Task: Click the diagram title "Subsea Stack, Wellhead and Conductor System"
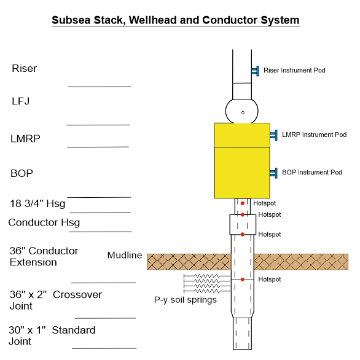(176, 20)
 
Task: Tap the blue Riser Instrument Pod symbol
(256, 71)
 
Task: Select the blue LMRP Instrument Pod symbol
(273, 135)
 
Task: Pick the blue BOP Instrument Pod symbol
(273, 173)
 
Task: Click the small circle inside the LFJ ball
(243, 112)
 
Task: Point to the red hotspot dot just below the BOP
(243, 203)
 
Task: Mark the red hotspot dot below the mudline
(243, 280)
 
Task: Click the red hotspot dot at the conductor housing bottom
(243, 235)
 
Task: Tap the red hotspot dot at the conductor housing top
(243, 214)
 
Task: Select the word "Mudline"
(125, 256)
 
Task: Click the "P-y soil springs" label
(186, 300)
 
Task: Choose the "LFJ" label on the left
(21, 101)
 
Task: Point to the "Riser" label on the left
(25, 68)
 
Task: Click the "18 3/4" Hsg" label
(37, 203)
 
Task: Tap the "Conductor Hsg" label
(44, 223)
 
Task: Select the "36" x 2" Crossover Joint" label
(55, 300)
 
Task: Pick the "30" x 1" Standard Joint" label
(52, 335)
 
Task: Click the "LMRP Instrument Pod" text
(315, 135)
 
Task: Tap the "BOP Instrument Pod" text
(312, 173)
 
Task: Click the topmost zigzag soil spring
(207, 276)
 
